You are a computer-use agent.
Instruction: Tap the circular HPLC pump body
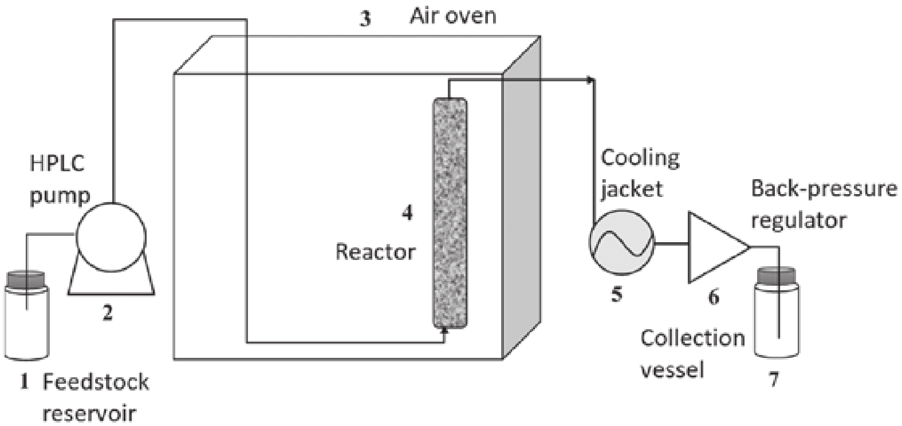point(111,235)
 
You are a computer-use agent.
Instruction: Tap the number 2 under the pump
point(108,313)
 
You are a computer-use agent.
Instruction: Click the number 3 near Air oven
point(365,19)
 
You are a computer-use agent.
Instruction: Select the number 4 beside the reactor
point(407,213)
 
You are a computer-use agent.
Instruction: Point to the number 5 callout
point(617,295)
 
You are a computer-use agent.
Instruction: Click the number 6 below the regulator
point(714,297)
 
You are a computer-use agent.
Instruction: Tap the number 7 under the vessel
point(774,378)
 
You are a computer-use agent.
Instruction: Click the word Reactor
point(375,251)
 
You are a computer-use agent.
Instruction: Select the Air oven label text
point(452,16)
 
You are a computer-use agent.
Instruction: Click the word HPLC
point(57,164)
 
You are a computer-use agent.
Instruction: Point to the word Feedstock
point(96,382)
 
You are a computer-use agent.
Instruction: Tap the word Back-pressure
point(824,188)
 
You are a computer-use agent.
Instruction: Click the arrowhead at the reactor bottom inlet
point(445,326)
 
